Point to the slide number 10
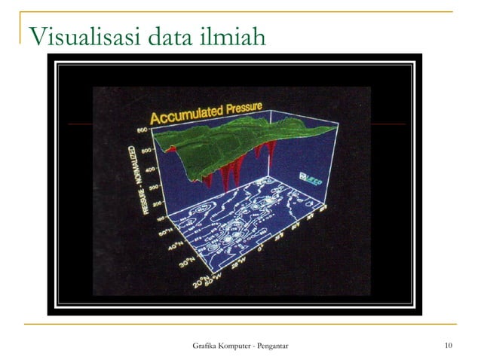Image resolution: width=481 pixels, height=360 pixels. (449, 346)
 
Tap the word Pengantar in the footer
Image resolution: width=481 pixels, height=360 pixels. (283, 346)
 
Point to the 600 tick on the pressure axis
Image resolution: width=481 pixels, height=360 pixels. (141, 130)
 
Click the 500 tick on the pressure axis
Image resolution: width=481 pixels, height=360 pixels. (143, 150)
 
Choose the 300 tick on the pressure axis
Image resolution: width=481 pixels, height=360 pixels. (147, 185)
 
